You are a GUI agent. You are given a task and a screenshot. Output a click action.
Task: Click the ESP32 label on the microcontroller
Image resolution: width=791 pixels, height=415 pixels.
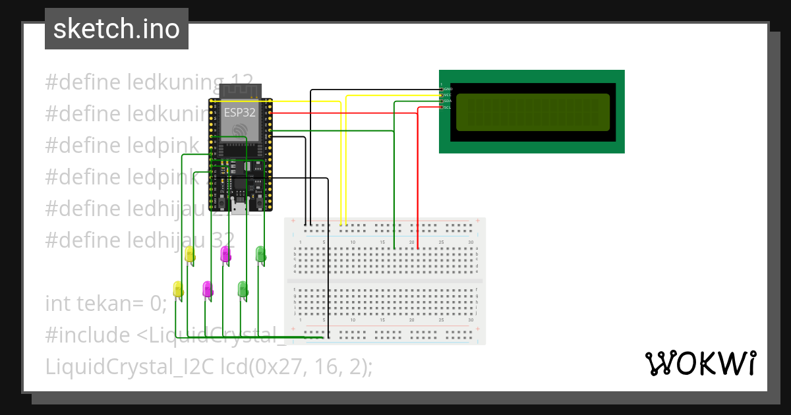point(239,112)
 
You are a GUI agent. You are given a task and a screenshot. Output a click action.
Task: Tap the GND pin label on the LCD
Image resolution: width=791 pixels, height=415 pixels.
point(448,88)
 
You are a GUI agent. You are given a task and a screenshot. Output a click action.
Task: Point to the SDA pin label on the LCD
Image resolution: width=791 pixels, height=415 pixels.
point(448,101)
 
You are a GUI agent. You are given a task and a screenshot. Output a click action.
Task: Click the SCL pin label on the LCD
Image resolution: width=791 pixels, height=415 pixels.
point(448,107)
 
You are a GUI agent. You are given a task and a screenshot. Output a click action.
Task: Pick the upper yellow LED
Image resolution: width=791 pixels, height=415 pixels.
point(190,255)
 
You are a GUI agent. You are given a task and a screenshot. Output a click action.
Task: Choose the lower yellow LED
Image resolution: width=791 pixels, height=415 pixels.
point(178,289)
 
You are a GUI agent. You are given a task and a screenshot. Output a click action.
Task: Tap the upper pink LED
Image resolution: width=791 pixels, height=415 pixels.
point(225,254)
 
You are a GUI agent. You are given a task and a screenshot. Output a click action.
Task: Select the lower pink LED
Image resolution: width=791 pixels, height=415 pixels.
point(208,289)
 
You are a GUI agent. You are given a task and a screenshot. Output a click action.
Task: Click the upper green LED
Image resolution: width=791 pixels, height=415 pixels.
point(260,254)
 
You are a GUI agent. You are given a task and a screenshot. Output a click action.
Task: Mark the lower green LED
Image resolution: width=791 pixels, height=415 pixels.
point(243,289)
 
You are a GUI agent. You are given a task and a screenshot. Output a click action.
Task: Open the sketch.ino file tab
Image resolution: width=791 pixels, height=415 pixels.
point(117,29)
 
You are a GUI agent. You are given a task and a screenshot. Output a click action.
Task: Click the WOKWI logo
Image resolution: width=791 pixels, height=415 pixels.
point(700,363)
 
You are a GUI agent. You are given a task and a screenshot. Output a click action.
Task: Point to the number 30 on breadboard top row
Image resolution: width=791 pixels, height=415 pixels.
point(470,243)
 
